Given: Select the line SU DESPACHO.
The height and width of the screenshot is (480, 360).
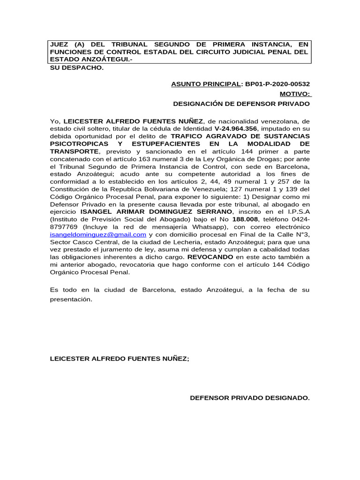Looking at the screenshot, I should [76, 67].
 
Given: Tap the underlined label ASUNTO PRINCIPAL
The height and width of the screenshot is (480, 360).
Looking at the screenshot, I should [205, 84].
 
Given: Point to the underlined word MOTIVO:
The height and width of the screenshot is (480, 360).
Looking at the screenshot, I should [294, 94].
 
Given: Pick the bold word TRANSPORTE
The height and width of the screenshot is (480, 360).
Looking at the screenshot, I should [75, 151].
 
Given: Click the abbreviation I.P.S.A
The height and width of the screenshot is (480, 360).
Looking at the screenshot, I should [295, 211].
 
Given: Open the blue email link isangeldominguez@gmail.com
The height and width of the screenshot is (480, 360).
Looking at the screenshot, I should [98, 234].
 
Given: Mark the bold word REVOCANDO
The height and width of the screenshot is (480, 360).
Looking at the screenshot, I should [210, 257].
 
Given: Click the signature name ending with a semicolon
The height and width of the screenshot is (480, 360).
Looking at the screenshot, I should [120, 360].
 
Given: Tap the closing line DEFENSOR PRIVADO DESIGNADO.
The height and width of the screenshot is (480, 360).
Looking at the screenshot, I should [249, 398].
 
